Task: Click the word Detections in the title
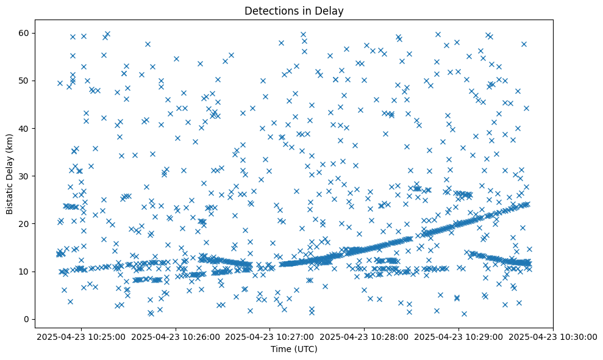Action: click(x=271, y=10)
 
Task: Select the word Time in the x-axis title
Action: click(x=281, y=349)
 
